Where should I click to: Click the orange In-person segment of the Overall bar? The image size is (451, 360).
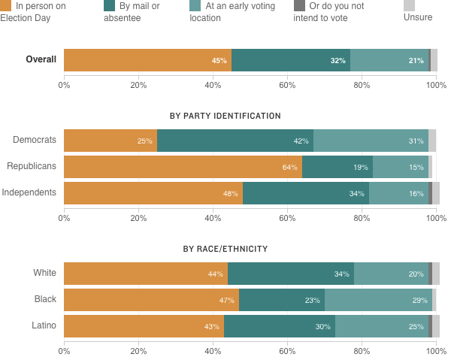tap(147, 60)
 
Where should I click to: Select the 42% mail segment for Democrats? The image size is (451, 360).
tap(235, 141)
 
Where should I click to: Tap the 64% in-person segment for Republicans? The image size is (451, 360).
tap(183, 167)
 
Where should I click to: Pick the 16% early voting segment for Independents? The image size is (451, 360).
tap(398, 193)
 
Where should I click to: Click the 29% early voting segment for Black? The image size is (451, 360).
tap(378, 300)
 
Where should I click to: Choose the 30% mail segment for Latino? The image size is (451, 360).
tap(280, 326)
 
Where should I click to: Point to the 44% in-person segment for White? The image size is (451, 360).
tap(146, 274)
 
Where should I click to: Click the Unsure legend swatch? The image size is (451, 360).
tap(409, 5)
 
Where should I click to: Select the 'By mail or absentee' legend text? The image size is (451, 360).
tap(141, 11)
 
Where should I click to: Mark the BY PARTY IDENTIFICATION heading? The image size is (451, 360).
tap(225, 116)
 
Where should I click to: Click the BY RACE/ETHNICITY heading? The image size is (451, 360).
tap(225, 249)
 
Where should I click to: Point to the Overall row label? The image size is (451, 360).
tap(41, 59)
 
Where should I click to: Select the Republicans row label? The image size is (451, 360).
tap(32, 166)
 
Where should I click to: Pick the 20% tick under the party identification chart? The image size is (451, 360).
tap(138, 218)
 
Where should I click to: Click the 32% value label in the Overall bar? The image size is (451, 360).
tap(337, 61)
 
